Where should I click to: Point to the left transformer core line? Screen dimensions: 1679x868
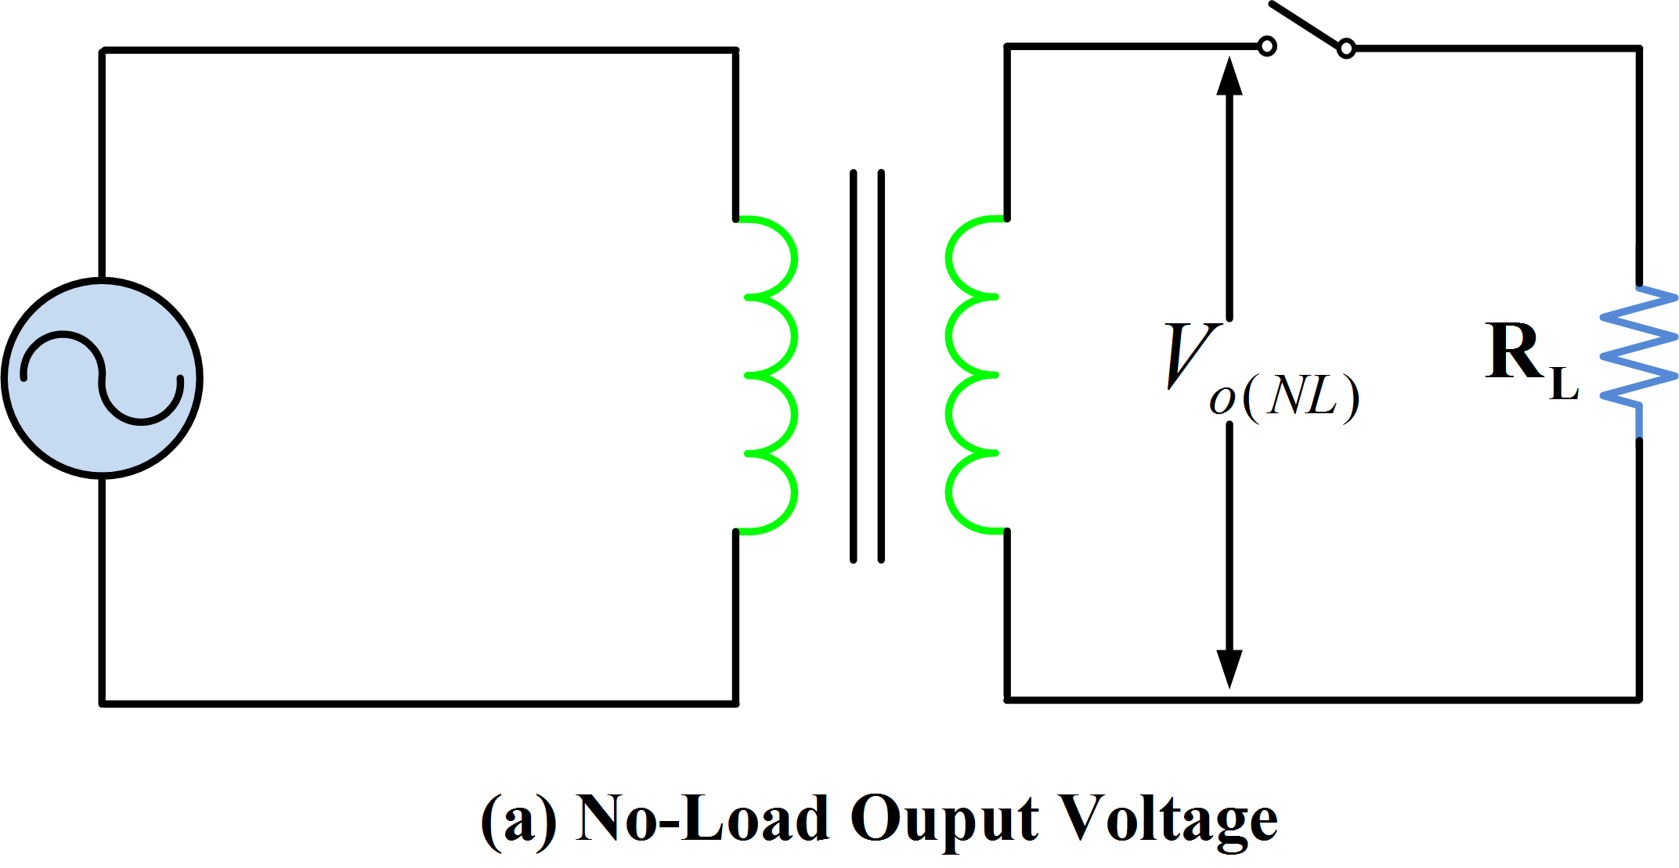click(853, 366)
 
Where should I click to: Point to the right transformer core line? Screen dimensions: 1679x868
click(881, 366)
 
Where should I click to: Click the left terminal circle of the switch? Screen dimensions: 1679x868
click(1266, 47)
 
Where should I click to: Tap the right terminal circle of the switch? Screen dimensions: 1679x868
click(1345, 49)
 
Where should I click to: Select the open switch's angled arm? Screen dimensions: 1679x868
click(1305, 24)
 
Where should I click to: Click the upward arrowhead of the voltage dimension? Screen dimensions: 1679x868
click(1229, 76)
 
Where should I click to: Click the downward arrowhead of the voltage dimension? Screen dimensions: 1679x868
click(1229, 669)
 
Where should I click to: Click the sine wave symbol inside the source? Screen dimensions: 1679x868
click(102, 378)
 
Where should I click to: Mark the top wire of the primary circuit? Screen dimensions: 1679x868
click(419, 51)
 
